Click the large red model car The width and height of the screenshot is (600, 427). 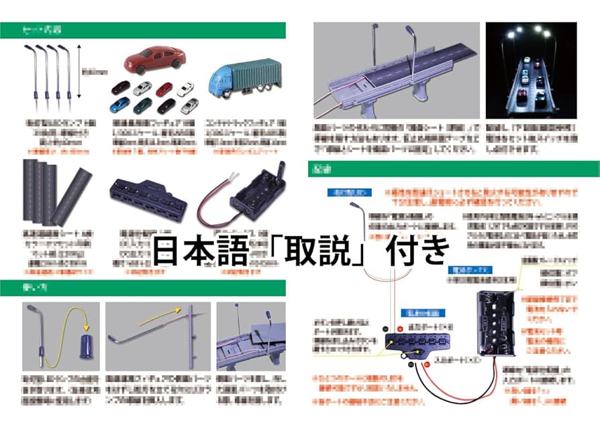click(x=154, y=59)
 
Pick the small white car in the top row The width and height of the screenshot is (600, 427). click(x=185, y=88)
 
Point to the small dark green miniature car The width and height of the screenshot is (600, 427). click(x=143, y=106)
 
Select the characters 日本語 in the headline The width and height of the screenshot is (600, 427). click(x=198, y=253)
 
